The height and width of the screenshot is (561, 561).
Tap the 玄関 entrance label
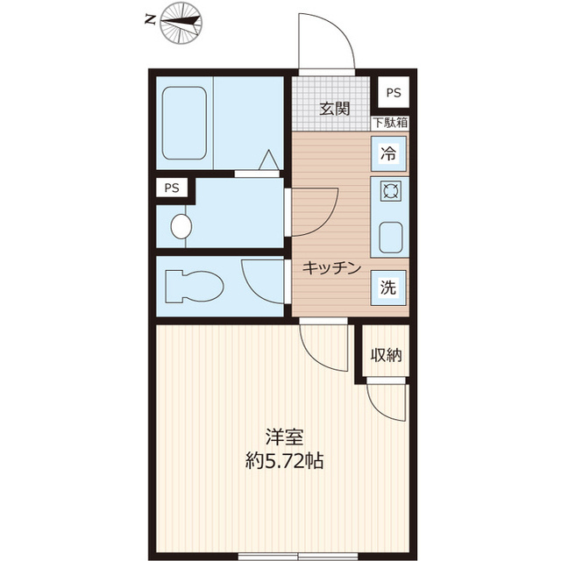(335, 110)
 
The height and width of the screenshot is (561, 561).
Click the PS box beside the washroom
(172, 188)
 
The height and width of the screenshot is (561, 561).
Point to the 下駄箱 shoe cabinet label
(389, 124)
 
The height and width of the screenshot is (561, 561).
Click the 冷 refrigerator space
(388, 153)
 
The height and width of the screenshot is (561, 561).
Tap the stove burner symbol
(389, 190)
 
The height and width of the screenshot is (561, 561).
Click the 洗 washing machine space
(388, 287)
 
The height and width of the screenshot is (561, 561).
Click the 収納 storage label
(386, 355)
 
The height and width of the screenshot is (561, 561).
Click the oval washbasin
(181, 226)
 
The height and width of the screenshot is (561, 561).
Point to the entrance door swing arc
(326, 39)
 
